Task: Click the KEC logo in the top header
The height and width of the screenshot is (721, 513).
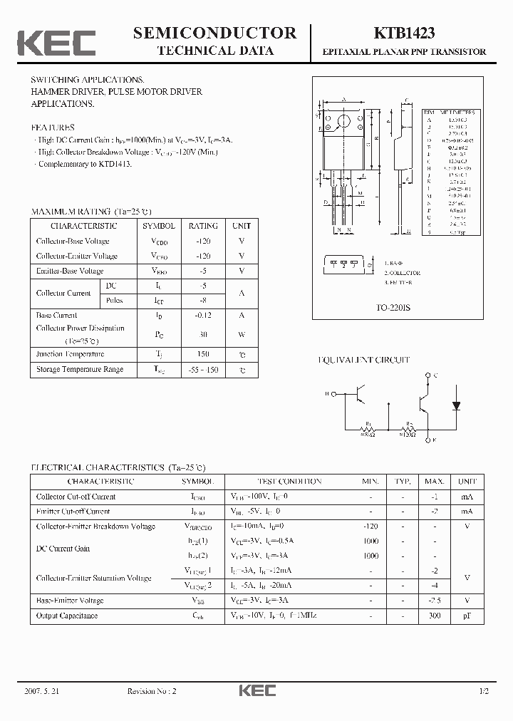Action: click(56, 43)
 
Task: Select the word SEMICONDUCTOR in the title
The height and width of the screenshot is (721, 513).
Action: click(214, 33)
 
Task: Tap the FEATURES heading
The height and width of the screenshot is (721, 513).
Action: click(53, 128)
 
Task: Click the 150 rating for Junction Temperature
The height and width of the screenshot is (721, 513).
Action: click(203, 354)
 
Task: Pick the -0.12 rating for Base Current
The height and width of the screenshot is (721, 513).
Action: click(203, 315)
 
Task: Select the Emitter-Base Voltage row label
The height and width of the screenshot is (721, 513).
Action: click(70, 271)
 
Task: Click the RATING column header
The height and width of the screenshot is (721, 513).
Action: click(203, 226)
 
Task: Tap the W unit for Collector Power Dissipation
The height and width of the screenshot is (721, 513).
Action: click(242, 333)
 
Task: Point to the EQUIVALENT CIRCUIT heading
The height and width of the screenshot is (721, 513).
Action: click(363, 360)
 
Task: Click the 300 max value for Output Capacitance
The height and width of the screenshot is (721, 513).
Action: click(435, 615)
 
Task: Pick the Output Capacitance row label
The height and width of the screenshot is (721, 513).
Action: click(67, 615)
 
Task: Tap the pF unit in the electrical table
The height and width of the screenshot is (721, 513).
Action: click(467, 615)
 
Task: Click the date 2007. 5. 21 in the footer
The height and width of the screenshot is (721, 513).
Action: click(40, 692)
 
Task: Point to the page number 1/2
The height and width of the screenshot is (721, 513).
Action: click(485, 692)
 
